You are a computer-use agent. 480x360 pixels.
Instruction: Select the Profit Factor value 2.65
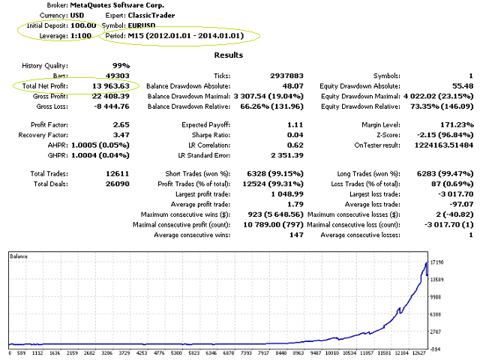pyautogui.click(x=120, y=124)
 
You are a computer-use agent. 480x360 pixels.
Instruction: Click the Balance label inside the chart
pyautogui.click(x=19, y=256)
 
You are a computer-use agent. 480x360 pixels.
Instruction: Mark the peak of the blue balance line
pyautogui.click(x=427, y=262)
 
